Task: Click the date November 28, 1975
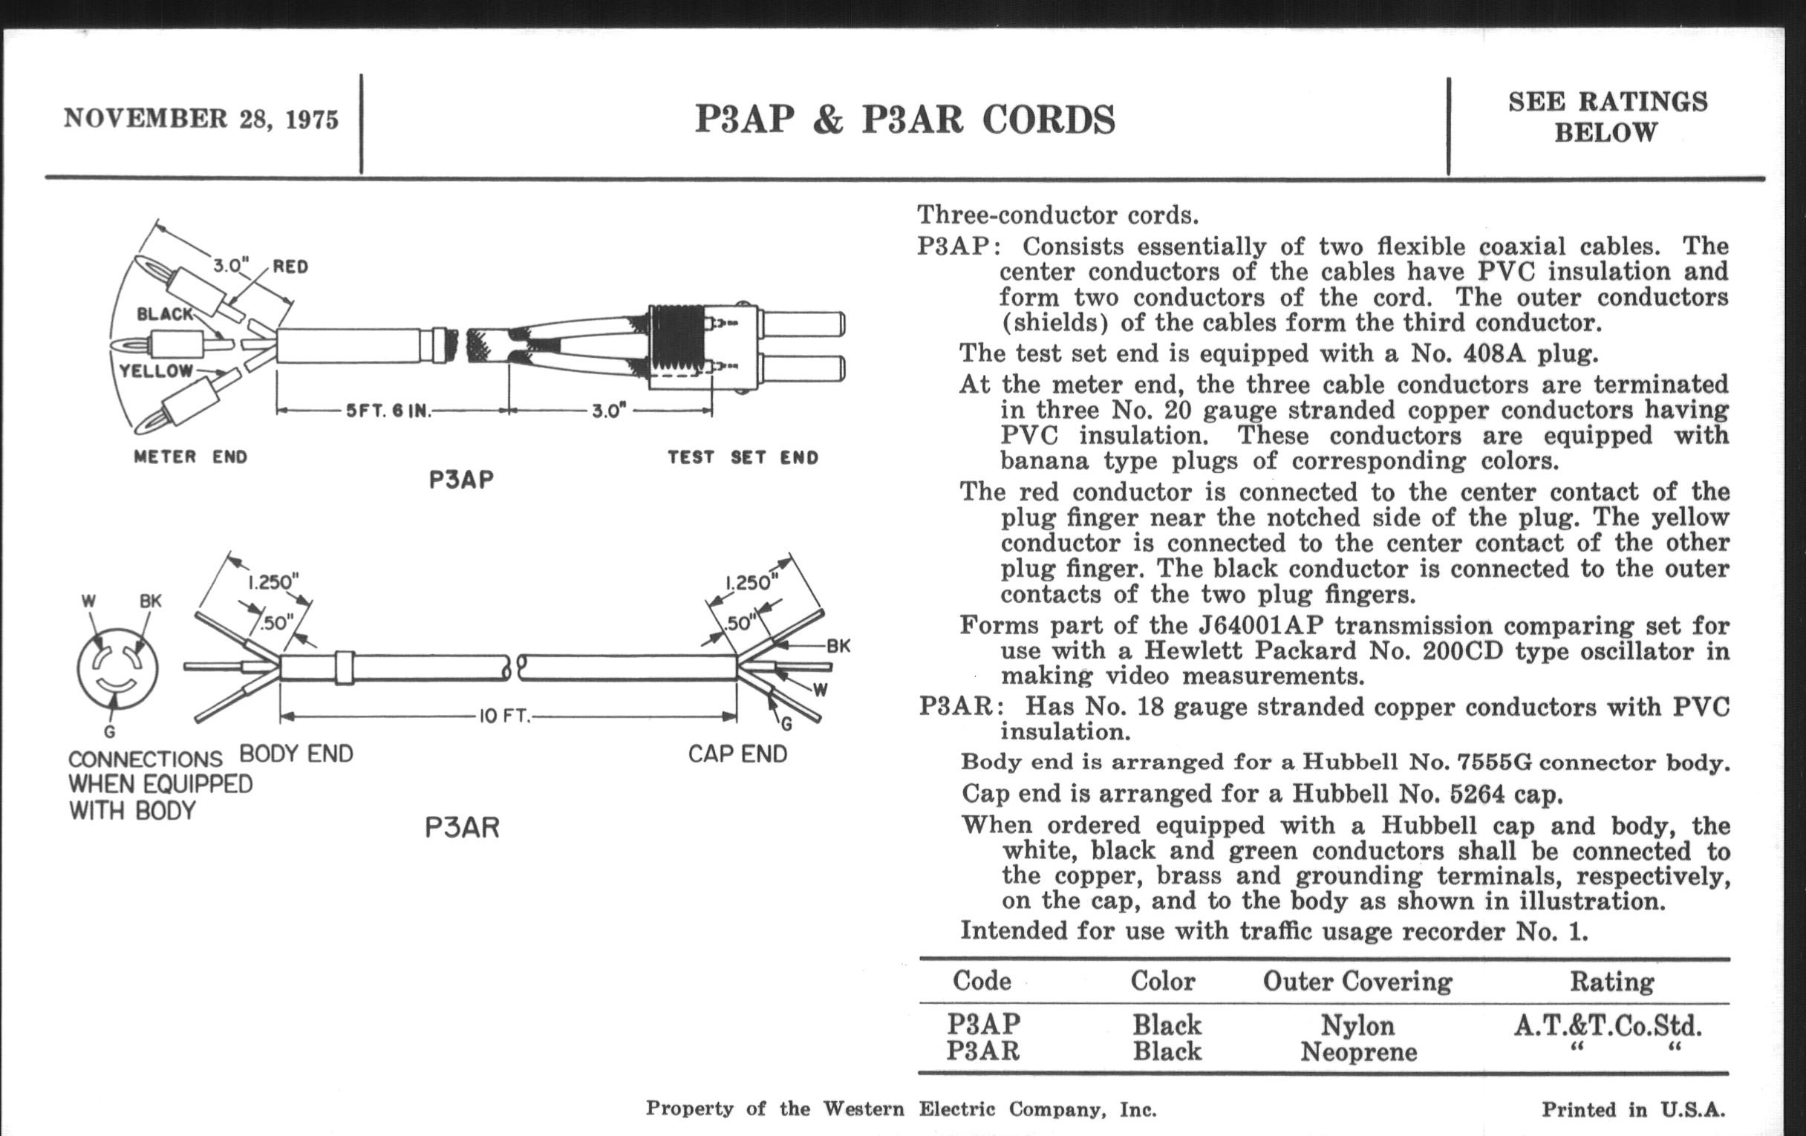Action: [201, 120]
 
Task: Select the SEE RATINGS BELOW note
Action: [1607, 117]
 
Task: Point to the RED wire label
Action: [290, 267]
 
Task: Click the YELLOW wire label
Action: [156, 370]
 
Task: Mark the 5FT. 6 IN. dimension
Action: [388, 411]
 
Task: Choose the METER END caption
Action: [191, 457]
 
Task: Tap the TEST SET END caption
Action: [743, 457]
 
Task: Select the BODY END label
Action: [296, 754]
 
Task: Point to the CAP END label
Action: [737, 754]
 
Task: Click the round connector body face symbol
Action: [118, 668]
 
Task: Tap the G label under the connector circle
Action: [109, 732]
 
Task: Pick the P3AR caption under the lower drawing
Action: [461, 828]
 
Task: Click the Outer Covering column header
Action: [1357, 981]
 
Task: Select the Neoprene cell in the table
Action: [1358, 1051]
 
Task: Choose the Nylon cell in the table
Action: [1357, 1025]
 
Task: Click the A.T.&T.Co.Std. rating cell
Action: [1607, 1025]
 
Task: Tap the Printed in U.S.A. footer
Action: [1633, 1109]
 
